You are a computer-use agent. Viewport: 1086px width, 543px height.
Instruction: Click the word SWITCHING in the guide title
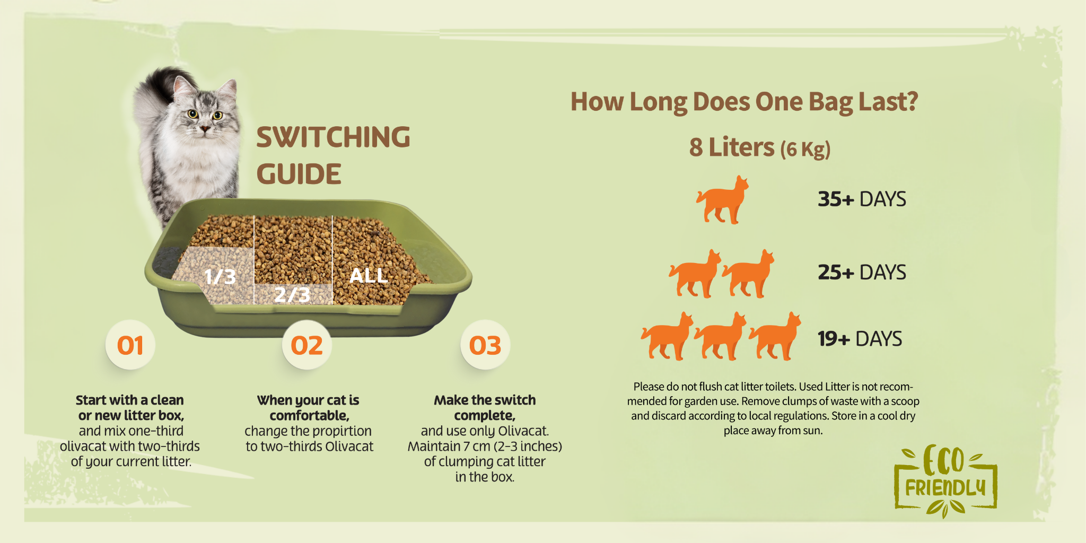tap(333, 137)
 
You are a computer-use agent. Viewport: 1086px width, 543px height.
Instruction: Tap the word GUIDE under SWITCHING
tap(299, 174)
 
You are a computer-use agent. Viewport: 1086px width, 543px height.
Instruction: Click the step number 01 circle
tap(130, 345)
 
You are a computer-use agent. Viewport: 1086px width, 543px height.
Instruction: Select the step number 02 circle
tap(306, 345)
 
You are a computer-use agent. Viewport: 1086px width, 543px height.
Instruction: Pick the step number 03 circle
tap(485, 345)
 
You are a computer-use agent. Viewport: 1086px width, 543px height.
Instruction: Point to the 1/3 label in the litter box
tap(220, 276)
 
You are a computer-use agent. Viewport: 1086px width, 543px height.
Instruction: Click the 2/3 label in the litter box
tap(292, 294)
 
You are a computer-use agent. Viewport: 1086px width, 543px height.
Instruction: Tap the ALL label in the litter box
tap(369, 275)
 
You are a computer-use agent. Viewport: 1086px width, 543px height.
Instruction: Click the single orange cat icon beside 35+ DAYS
tap(722, 200)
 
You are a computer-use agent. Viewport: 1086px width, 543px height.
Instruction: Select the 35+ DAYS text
tap(862, 199)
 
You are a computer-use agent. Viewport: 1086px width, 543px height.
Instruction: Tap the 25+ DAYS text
tap(862, 273)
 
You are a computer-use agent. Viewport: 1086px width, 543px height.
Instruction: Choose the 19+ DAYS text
tap(860, 339)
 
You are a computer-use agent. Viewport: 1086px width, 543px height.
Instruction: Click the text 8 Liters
tap(732, 147)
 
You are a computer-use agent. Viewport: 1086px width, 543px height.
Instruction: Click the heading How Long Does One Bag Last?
tap(744, 102)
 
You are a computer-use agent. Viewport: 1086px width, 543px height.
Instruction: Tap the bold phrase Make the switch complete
tap(485, 408)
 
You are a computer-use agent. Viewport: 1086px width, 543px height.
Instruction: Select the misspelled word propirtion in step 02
tap(338, 431)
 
